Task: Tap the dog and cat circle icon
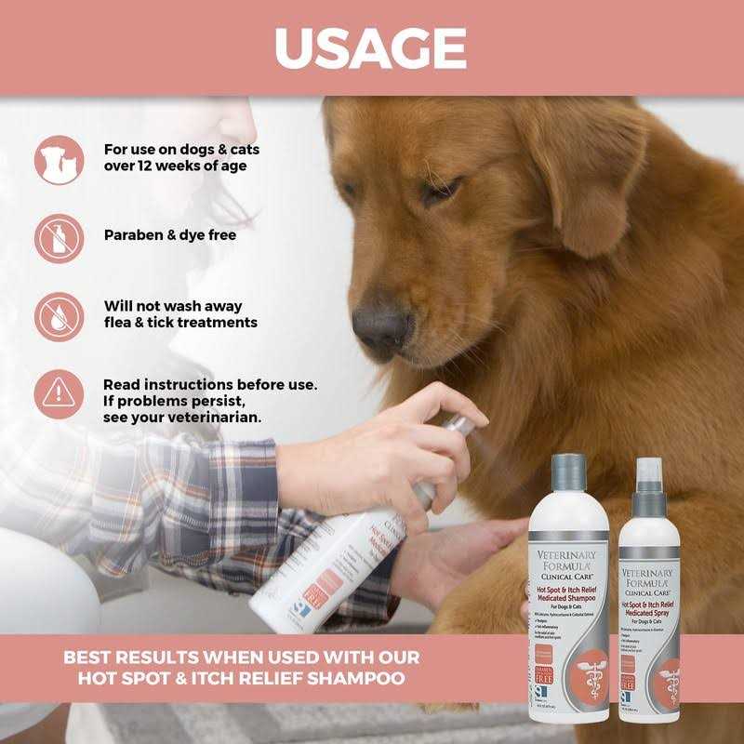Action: point(59,159)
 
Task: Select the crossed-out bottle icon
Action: point(59,237)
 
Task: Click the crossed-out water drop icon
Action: point(59,316)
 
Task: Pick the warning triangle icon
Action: point(59,393)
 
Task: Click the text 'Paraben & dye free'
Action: point(169,235)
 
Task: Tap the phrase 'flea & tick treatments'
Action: point(179,323)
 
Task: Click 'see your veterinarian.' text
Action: point(182,418)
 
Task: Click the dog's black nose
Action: point(381,323)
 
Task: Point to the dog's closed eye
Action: point(438,193)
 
